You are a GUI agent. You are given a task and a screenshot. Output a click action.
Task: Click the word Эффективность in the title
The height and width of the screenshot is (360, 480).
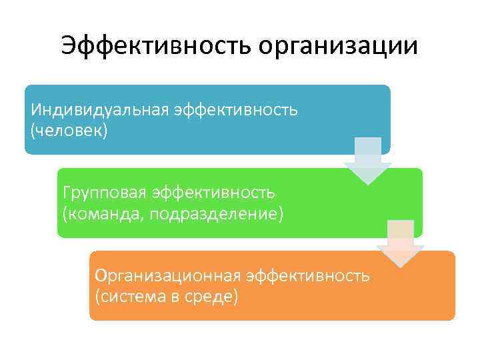[155, 46]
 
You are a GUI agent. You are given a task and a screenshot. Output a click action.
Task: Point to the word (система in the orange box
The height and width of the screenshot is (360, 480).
[131, 295]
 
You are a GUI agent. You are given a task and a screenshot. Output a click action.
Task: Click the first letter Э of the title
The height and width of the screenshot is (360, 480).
[69, 46]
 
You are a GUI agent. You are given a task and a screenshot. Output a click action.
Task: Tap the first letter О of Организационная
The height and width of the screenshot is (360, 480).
[101, 275]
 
